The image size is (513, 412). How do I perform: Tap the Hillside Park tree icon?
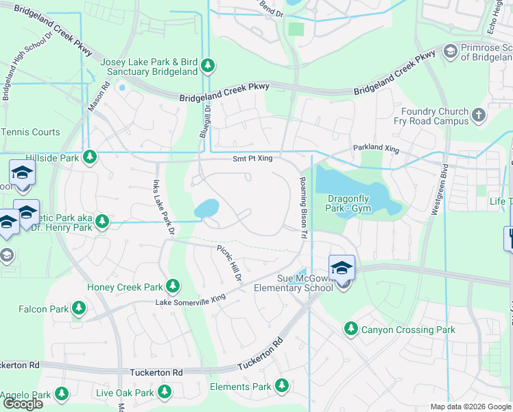(x=89, y=157)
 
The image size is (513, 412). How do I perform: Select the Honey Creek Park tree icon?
(x=174, y=286)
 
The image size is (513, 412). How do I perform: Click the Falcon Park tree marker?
(x=80, y=309)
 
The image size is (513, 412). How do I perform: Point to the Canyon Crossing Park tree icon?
(x=351, y=330)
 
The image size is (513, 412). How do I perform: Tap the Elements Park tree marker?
(x=281, y=386)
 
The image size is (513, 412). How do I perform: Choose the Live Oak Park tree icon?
(x=164, y=392)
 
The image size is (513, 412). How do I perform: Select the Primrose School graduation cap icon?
(x=451, y=51)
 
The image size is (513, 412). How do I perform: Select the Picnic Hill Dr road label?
(x=230, y=262)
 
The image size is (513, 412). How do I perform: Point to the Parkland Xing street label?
(x=375, y=148)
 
